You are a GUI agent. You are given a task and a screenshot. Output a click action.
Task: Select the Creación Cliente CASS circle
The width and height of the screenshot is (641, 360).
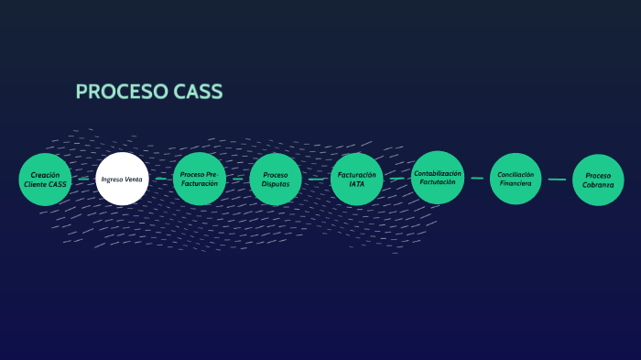[45, 180]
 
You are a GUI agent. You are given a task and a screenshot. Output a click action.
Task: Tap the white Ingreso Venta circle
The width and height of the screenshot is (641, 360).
[122, 180]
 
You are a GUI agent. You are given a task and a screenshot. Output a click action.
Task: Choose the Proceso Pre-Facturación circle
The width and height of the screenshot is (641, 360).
[199, 179]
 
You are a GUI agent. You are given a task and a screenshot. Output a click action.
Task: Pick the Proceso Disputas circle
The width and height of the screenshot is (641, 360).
[276, 180]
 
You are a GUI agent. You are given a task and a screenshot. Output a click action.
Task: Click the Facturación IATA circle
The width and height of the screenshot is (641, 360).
[356, 179]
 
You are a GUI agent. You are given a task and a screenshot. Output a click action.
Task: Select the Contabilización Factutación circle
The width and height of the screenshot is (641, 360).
[438, 178]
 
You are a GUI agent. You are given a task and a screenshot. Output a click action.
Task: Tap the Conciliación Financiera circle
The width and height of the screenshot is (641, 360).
[516, 179]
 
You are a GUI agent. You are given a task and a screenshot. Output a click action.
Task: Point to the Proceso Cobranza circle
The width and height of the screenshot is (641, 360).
[598, 180]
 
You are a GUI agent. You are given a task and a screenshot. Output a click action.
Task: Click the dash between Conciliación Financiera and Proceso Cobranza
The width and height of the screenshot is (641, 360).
[557, 180]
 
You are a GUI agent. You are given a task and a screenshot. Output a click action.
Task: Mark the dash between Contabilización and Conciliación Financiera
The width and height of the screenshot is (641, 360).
[477, 179]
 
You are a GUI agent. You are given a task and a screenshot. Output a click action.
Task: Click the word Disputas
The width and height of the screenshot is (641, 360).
[276, 184]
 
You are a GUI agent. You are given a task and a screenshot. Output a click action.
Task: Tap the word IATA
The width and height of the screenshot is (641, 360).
[356, 184]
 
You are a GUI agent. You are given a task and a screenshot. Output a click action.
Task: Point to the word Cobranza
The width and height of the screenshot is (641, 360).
[598, 185]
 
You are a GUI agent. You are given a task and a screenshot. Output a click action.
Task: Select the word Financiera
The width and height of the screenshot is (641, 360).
[516, 183]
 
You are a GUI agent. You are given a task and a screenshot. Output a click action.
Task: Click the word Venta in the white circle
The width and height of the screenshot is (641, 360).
[134, 180]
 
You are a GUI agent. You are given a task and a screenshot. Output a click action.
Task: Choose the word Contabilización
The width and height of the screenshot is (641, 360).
[438, 173]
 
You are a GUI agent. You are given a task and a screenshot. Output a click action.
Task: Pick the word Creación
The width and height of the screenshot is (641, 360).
[45, 174]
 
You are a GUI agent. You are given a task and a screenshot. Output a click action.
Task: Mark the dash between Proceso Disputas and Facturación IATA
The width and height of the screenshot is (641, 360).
[316, 180]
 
